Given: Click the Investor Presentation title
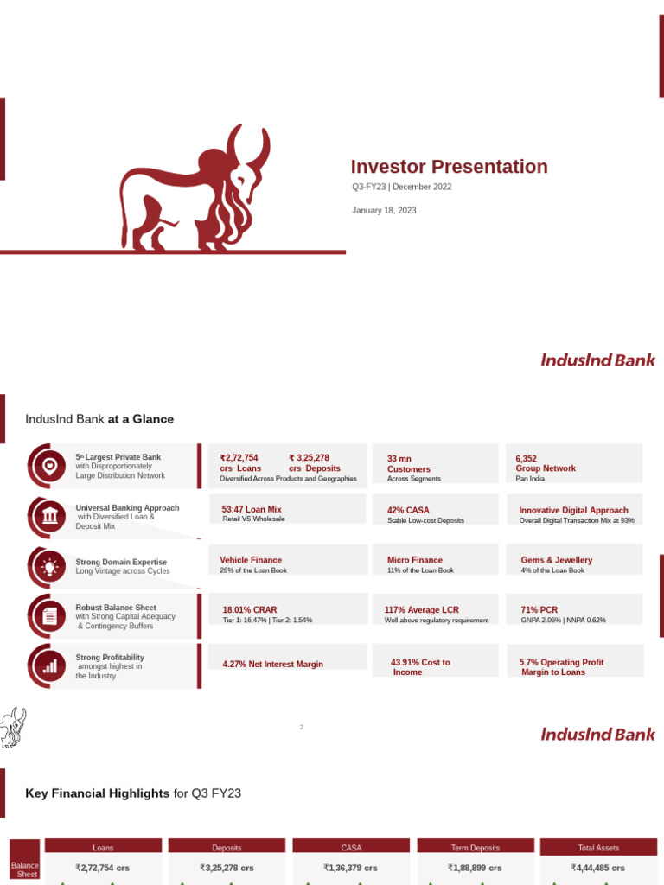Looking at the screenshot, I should tap(449, 167).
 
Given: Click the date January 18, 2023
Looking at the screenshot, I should tap(384, 210).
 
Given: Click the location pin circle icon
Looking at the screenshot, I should tap(49, 466).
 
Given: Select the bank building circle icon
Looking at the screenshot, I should tap(49, 516).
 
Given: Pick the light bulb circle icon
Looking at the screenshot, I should tap(49, 566).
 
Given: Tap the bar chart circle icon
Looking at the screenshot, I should tap(49, 666).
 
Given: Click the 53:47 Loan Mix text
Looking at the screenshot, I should tap(252, 510).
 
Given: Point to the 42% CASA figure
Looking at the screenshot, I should tap(408, 510).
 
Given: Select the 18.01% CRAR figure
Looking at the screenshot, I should tap(249, 609).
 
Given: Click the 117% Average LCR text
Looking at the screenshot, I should tap(421, 609).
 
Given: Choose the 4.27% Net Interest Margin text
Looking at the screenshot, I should tap(272, 664).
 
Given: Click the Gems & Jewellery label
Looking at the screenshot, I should tap(556, 560).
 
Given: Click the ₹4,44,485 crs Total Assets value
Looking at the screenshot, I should tap(598, 868).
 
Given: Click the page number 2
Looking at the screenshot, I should tap(302, 727).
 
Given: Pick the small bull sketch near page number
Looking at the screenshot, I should tap(12, 727).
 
